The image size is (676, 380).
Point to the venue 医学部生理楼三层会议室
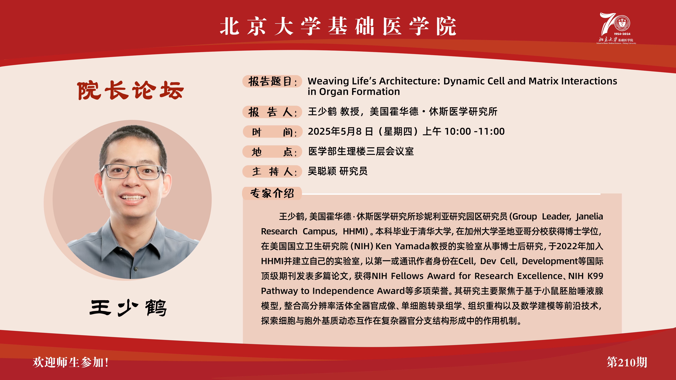pos(361,151)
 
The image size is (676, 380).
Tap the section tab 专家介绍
pos(272,193)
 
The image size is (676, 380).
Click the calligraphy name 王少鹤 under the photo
pos(128,308)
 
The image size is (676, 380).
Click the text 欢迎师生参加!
pos(70,362)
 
